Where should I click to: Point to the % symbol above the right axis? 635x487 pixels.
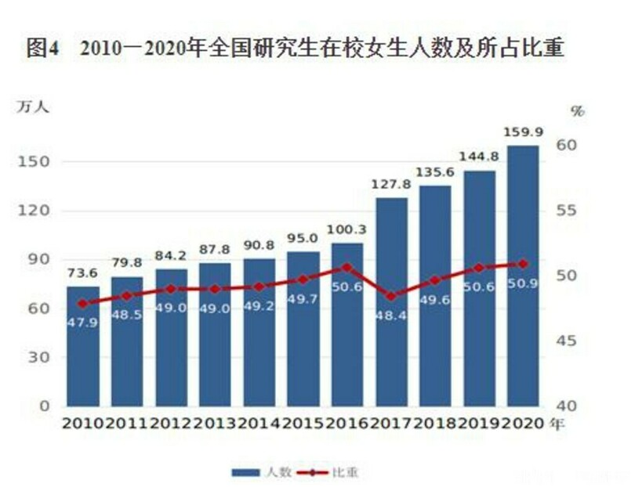pyautogui.click(x=578, y=111)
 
